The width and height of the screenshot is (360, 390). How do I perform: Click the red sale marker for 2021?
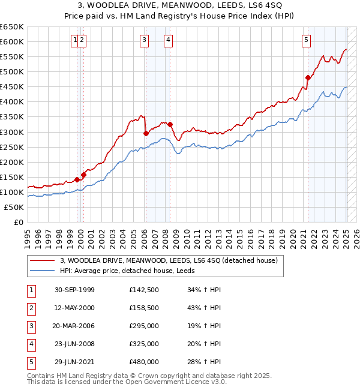(x=308, y=77)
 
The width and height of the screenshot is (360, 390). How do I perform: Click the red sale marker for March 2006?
(x=146, y=133)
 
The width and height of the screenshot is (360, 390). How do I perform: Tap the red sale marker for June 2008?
(x=170, y=124)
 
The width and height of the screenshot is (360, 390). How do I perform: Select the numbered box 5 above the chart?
(x=307, y=40)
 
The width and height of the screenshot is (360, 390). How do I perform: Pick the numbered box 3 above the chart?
(x=145, y=40)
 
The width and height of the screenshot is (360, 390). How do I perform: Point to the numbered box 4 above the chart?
(x=169, y=40)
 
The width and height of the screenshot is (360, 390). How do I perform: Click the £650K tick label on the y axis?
(x=12, y=27)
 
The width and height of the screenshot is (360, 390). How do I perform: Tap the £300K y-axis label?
(x=12, y=132)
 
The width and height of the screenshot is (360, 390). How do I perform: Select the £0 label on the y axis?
(x=19, y=222)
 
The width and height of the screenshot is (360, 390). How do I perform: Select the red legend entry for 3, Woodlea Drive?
(x=169, y=260)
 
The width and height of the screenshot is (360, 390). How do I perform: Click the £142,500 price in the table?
(x=144, y=290)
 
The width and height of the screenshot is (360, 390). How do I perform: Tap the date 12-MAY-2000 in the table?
(x=74, y=308)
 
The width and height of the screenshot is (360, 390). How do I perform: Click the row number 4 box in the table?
(x=31, y=344)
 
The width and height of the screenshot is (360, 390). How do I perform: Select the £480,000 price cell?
(x=144, y=362)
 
